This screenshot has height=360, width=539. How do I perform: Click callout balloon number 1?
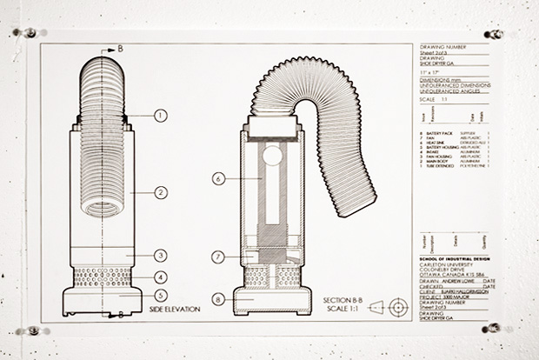point(160,115)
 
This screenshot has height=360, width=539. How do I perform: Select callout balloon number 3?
point(160,256)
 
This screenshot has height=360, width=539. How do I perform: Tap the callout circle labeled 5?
point(160,296)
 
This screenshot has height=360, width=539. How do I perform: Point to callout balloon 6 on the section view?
point(219,178)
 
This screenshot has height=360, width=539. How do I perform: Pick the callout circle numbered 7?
point(219,257)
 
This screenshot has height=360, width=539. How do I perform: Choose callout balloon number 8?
point(219,302)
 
